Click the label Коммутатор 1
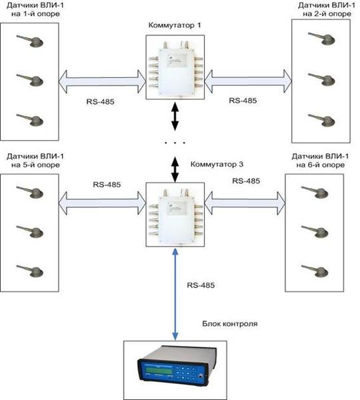click(175, 25)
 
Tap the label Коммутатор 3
click(217, 164)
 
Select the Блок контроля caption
click(230, 324)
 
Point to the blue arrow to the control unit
click(175, 294)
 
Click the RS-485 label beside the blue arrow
click(201, 285)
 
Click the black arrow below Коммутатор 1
click(175, 116)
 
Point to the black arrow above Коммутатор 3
click(175, 169)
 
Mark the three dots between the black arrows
click(175, 143)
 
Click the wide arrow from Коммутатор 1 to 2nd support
click(248, 81)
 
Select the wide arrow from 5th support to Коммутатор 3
click(102, 203)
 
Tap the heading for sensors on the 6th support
click(320, 161)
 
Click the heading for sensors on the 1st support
click(35, 9)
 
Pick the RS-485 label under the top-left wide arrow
click(100, 102)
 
